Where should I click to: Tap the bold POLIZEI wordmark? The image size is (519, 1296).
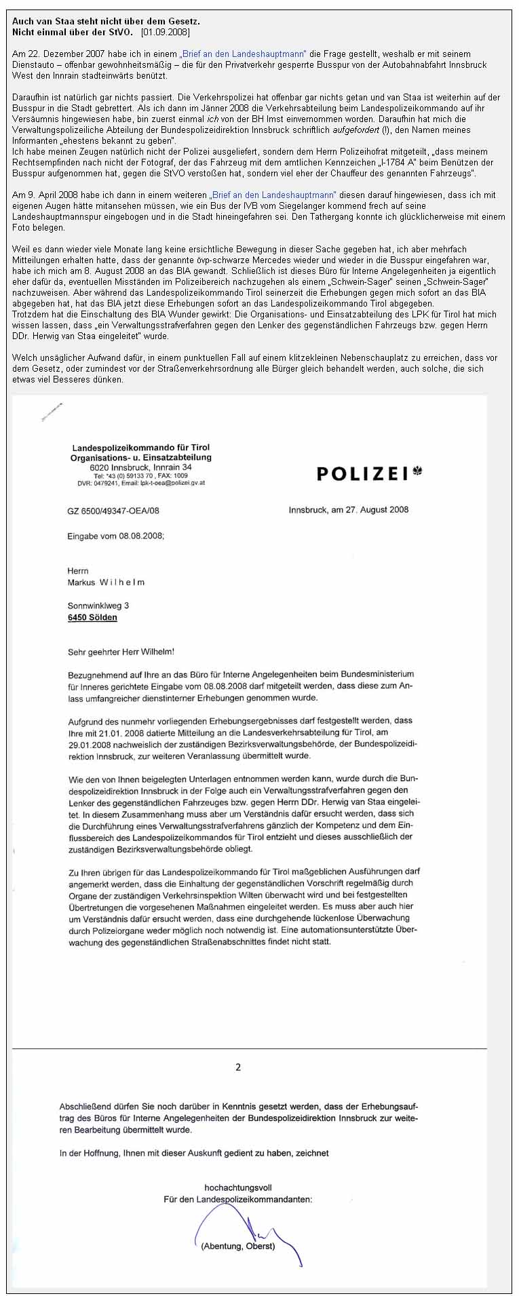click(x=362, y=473)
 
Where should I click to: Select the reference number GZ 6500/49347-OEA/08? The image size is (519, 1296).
click(x=113, y=511)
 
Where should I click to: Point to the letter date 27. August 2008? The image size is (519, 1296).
click(x=374, y=509)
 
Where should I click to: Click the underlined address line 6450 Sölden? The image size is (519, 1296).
click(x=92, y=618)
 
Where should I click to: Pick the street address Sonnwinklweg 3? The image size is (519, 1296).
click(x=98, y=606)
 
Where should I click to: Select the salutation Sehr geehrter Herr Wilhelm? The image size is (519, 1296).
click(x=121, y=652)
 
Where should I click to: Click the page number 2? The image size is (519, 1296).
click(x=238, y=1067)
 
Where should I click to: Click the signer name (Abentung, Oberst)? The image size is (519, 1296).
click(x=238, y=1246)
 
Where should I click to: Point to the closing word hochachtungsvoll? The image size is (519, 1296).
click(x=238, y=1187)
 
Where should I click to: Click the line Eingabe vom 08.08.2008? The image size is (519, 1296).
click(x=116, y=535)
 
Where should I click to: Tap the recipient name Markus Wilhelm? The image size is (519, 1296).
click(x=106, y=582)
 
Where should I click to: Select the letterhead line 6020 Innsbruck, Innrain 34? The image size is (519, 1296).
click(x=140, y=467)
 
